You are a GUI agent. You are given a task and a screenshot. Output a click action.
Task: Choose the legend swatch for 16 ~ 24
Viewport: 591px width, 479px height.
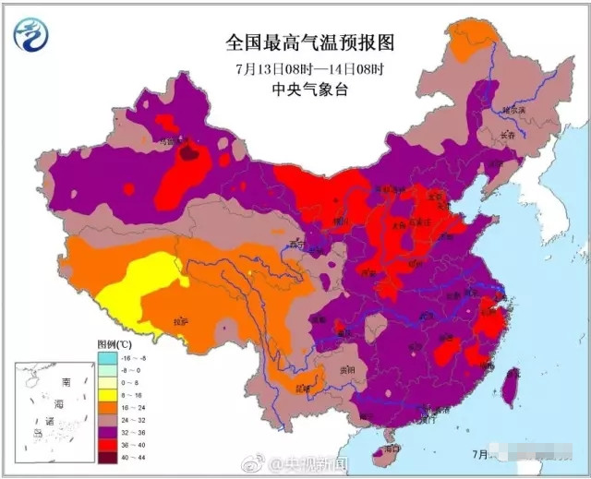coord(109,403)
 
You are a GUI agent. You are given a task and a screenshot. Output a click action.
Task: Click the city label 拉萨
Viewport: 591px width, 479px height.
coord(181,322)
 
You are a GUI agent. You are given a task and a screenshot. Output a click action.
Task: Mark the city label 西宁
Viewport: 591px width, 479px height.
coord(295,245)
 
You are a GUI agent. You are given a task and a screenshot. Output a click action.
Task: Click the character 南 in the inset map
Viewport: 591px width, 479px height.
coord(66,381)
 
